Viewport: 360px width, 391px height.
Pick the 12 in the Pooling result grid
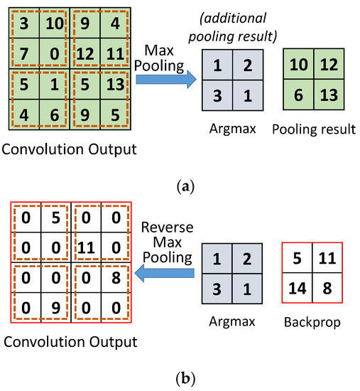pyautogui.click(x=329, y=65)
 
